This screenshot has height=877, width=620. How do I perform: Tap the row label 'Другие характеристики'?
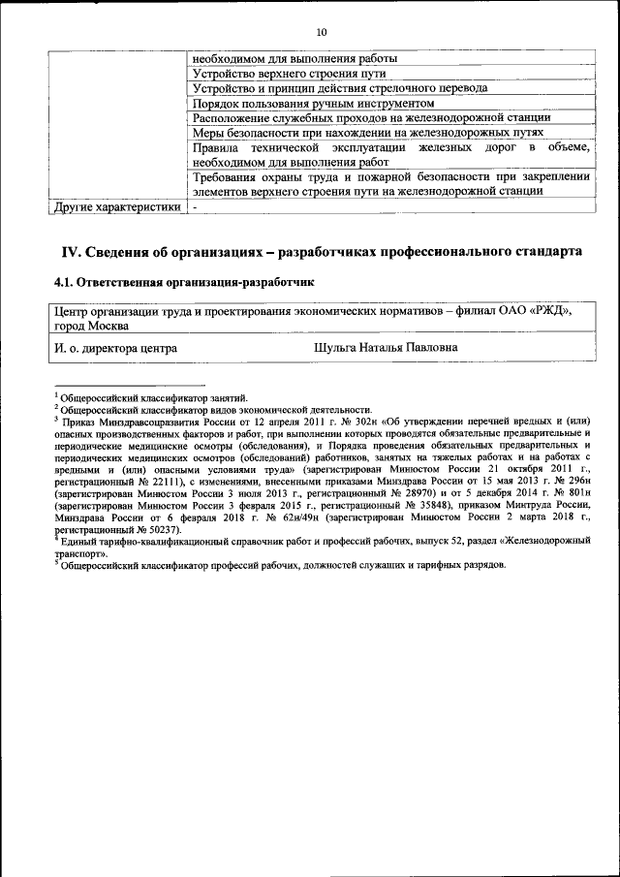click(x=117, y=206)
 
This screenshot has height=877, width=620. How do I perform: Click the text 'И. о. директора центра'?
click(x=115, y=346)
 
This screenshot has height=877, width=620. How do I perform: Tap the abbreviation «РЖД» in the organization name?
click(x=551, y=310)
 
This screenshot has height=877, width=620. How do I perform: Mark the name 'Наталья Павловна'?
click(x=410, y=346)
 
